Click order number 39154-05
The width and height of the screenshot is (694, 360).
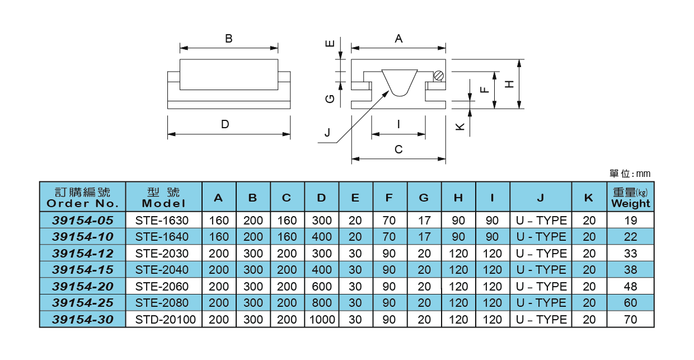pos(83,220)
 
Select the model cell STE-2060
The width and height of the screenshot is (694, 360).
pos(162,286)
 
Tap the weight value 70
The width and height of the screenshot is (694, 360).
pos(631,320)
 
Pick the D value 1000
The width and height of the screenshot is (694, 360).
pos(321,320)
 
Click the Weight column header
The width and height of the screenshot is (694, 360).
pos(631,198)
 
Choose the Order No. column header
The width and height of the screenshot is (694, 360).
pos(83,198)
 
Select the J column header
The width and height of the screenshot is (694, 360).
pos(541,198)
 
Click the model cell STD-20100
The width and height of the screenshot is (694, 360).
pos(162,320)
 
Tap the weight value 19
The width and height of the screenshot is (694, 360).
pos(631,220)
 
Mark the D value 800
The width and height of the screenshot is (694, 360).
pos(321,303)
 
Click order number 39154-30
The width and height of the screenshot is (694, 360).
pos(83,320)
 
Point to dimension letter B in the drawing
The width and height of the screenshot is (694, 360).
pos(228,39)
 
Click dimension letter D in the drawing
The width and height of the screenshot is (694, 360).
pos(225,124)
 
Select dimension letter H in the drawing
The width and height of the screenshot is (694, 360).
pos(509,84)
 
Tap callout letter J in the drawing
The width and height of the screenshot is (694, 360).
pos(327,133)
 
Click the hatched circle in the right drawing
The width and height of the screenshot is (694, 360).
pos(439,76)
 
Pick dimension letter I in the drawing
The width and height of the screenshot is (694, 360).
pos(398,124)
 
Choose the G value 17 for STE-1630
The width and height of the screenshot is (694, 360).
pos(424,220)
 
